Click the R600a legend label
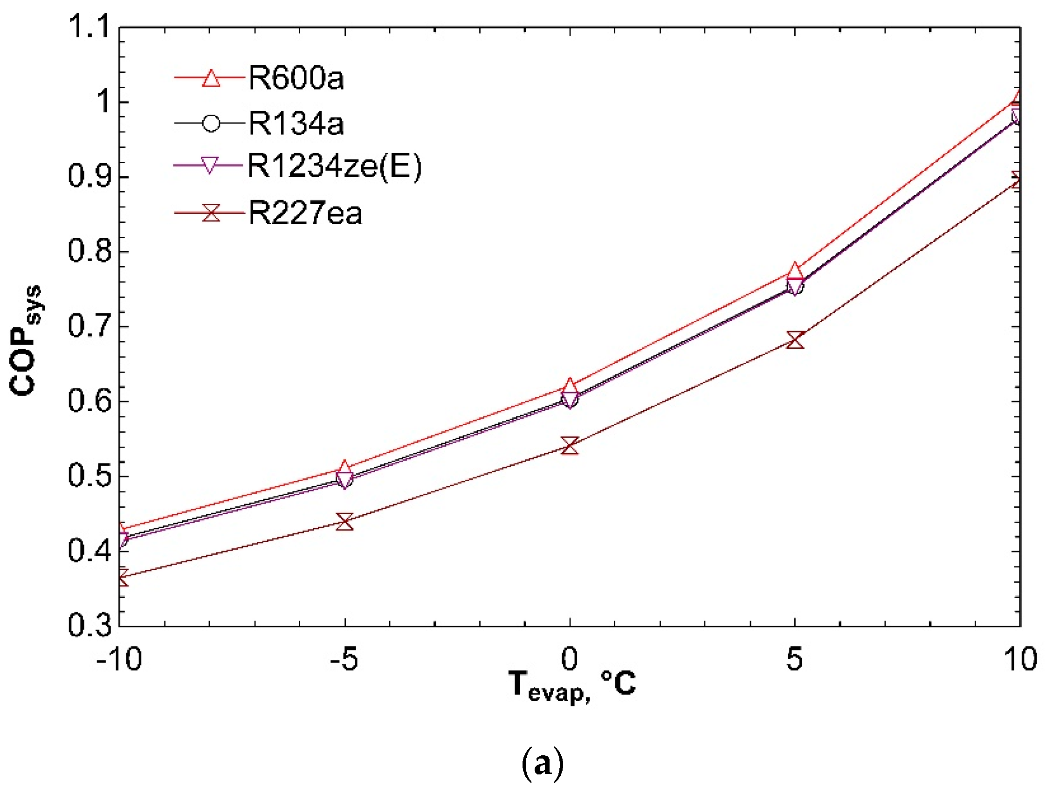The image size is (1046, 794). [296, 78]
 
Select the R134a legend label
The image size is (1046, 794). [296, 124]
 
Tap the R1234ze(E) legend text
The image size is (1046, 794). [334, 166]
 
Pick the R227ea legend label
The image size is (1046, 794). [305, 213]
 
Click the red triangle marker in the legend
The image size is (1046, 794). [211, 78]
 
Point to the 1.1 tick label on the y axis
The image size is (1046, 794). [89, 26]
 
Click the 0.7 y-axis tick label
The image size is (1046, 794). [89, 326]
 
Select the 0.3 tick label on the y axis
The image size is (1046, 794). [89, 625]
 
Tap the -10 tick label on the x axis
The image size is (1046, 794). [119, 659]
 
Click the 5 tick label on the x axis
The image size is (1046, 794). [794, 659]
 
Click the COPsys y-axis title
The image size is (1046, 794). [26, 340]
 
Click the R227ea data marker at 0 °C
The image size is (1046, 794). [570, 445]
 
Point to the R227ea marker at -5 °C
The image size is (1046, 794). [345, 522]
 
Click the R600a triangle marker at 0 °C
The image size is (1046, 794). [570, 387]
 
